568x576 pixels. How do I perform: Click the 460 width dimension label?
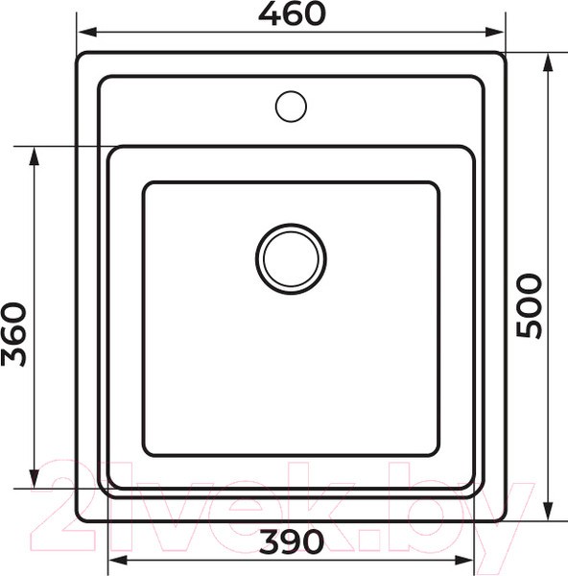(292, 13)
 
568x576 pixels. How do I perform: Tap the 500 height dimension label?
(529, 305)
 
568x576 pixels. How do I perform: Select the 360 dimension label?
(14, 334)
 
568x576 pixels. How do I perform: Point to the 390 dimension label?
(292, 541)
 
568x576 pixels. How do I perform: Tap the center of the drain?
(291, 258)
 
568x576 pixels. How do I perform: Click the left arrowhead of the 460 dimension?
(87, 32)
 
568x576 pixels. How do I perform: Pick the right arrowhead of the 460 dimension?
(494, 32)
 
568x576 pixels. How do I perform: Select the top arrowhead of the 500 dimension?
(548, 63)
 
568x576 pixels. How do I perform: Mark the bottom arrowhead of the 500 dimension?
(548, 510)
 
